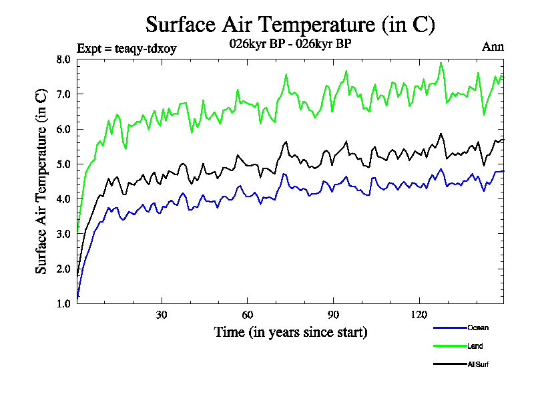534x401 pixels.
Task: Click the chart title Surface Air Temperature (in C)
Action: click(x=290, y=25)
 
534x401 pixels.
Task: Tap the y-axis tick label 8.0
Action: click(x=63, y=59)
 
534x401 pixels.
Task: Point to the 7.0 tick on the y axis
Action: click(x=63, y=94)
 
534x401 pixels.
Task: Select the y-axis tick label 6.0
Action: click(x=63, y=129)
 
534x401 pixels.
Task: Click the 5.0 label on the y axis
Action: click(x=63, y=164)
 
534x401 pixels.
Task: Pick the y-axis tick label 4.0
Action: click(x=63, y=199)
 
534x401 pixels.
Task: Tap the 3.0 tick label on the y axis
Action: click(x=63, y=234)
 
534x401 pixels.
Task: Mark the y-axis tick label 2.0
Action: click(x=63, y=269)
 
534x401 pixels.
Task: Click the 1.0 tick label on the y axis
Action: click(x=63, y=303)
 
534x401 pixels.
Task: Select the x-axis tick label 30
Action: click(x=162, y=315)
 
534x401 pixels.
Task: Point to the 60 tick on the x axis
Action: click(x=247, y=315)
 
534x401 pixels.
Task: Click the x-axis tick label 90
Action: click(x=333, y=315)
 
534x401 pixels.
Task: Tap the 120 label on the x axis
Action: click(x=419, y=315)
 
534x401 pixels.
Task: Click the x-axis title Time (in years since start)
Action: click(x=290, y=331)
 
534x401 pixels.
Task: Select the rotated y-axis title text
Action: click(x=41, y=180)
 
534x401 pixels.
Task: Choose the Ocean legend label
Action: click(x=477, y=327)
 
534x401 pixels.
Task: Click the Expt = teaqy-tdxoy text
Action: click(x=127, y=47)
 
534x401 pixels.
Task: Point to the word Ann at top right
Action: click(x=493, y=47)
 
